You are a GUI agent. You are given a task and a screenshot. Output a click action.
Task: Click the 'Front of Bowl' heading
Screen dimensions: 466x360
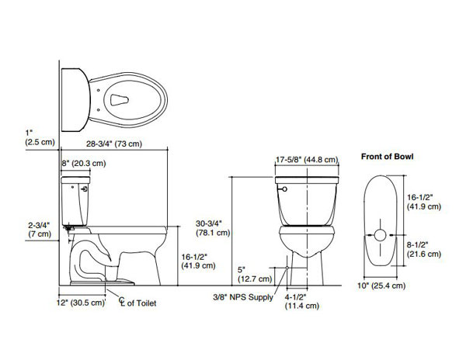pos(387,157)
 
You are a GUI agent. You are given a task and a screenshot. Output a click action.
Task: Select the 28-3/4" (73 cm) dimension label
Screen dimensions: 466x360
pos(114,144)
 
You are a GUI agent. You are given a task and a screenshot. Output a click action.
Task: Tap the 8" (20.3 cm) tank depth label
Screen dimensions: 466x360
pos(84,163)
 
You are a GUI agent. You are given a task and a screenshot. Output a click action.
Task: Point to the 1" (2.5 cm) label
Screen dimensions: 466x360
pos(40,137)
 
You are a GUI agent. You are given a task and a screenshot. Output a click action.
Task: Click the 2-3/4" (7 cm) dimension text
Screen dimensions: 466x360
pos(40,230)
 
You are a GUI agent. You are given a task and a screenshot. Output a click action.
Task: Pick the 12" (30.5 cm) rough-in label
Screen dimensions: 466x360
pos(81,303)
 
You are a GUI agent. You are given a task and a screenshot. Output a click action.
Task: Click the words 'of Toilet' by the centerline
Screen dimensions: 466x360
pos(141,303)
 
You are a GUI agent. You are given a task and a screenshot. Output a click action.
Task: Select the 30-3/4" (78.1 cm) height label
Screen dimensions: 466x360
pos(213,228)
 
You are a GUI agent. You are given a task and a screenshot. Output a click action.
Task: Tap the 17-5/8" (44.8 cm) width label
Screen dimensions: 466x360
pos(307,160)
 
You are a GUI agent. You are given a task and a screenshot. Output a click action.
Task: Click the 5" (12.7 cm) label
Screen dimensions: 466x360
pos(255,275)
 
